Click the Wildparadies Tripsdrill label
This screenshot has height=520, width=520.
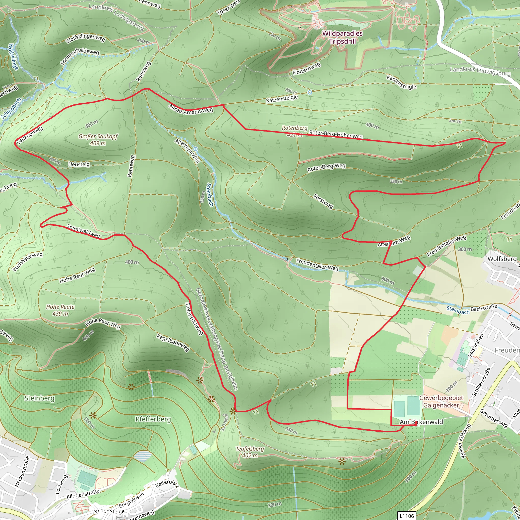coord(342,37)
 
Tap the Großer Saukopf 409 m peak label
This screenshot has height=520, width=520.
coord(98,140)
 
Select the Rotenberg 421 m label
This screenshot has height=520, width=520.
coord(295,131)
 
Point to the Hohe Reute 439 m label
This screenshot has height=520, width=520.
coord(60,310)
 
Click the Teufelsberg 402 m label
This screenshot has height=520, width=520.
coord(250,452)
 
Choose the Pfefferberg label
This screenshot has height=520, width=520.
coord(153,419)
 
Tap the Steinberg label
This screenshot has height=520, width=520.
coord(39,398)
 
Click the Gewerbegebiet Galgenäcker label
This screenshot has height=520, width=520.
coord(441,402)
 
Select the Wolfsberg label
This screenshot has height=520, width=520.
coord(502,259)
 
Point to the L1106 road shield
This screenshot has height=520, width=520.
coord(407,516)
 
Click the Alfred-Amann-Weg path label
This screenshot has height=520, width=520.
coord(191,109)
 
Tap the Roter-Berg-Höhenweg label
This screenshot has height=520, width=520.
coord(336,135)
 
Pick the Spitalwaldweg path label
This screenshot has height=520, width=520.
coord(84,231)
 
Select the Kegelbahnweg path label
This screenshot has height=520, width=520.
coord(173,343)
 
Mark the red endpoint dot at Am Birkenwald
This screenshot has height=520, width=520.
coord(416,423)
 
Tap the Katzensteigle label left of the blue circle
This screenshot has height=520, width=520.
coord(282,99)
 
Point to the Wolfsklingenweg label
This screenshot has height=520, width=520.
coord(85,39)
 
